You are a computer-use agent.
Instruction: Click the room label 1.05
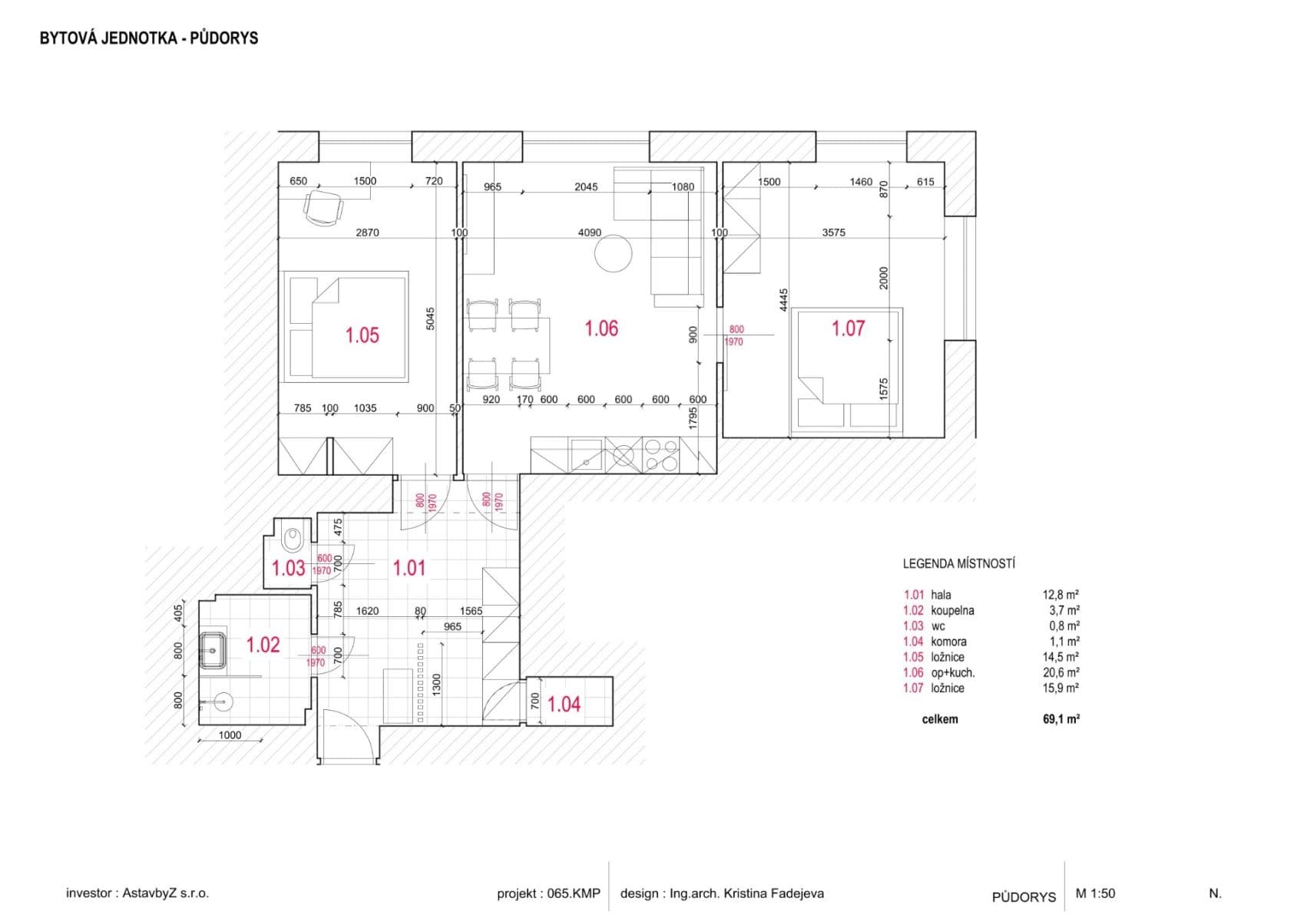(x=362, y=335)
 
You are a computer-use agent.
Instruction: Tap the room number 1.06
(x=601, y=328)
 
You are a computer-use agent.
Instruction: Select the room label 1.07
(x=848, y=328)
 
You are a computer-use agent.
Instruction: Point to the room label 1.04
(x=564, y=704)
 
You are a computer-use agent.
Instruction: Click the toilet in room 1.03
(x=293, y=540)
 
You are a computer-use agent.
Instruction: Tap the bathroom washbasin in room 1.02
(x=213, y=651)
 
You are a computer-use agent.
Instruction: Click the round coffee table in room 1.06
(x=614, y=253)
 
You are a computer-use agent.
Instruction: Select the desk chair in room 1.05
(x=323, y=208)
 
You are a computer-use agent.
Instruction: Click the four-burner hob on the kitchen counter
(x=660, y=454)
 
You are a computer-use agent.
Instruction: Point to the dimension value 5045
(x=430, y=319)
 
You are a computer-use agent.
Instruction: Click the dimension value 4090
(x=589, y=233)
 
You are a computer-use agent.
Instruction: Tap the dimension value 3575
(x=833, y=233)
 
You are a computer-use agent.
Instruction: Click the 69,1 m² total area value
(x=1061, y=719)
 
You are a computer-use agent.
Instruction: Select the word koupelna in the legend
(x=952, y=611)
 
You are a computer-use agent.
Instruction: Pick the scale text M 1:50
(x=1095, y=893)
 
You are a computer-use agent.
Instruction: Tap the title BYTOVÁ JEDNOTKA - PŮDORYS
(x=149, y=38)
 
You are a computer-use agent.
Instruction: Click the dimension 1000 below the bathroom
(x=230, y=735)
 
